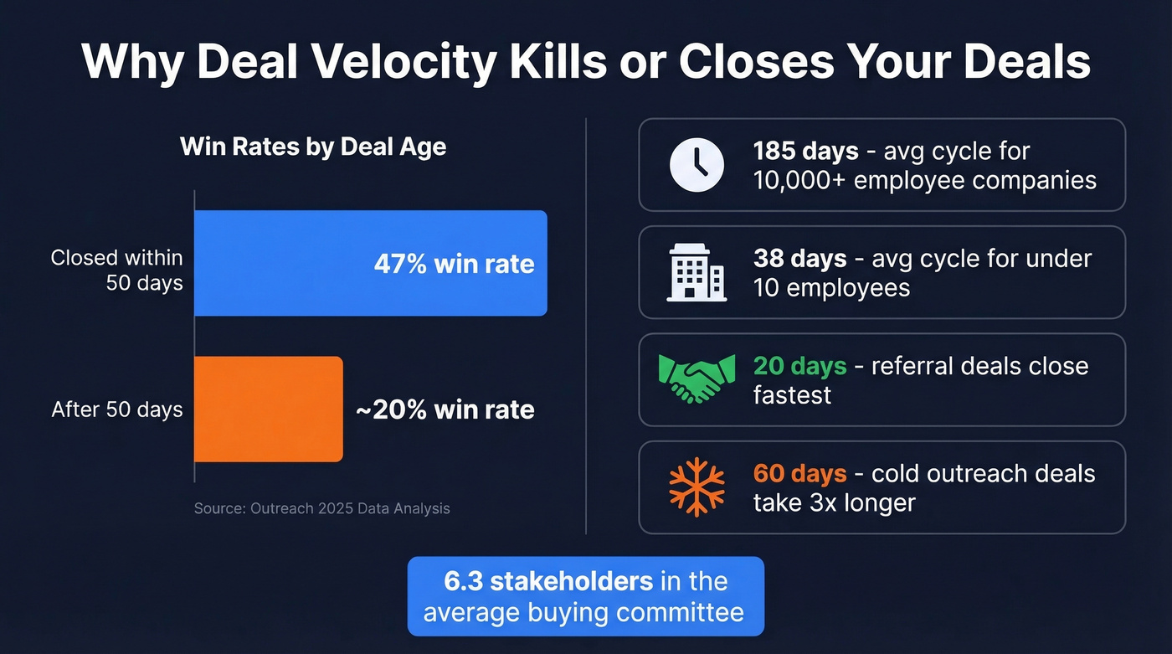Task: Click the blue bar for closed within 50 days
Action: coord(285,263)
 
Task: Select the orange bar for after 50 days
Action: coord(268,409)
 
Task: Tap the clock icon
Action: coord(697,165)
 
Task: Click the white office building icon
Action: coord(697,272)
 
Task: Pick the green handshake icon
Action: coord(697,379)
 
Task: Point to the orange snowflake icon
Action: coord(697,487)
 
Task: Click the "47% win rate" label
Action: coord(454,264)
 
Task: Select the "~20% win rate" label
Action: coord(445,409)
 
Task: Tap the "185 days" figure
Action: coord(805,152)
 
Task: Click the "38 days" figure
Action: coord(800,259)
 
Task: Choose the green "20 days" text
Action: coord(800,366)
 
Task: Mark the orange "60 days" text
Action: coord(800,473)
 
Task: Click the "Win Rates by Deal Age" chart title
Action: coord(313,147)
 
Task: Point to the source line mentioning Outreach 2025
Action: coord(321,508)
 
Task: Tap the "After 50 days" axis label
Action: coord(117,409)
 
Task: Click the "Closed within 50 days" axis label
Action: coord(117,270)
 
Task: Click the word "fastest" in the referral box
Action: coord(792,394)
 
